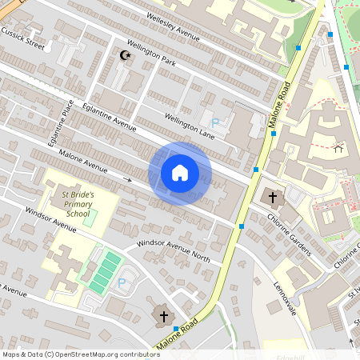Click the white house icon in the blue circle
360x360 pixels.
point(180,173)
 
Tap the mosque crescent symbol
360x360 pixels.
point(124,55)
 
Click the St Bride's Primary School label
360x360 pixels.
point(78,203)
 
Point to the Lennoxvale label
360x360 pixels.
point(284,296)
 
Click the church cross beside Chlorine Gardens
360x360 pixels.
point(272,197)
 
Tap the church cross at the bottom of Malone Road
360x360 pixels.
point(164,317)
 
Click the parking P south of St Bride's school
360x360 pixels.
point(122,282)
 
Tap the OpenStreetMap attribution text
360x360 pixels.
point(81,354)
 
